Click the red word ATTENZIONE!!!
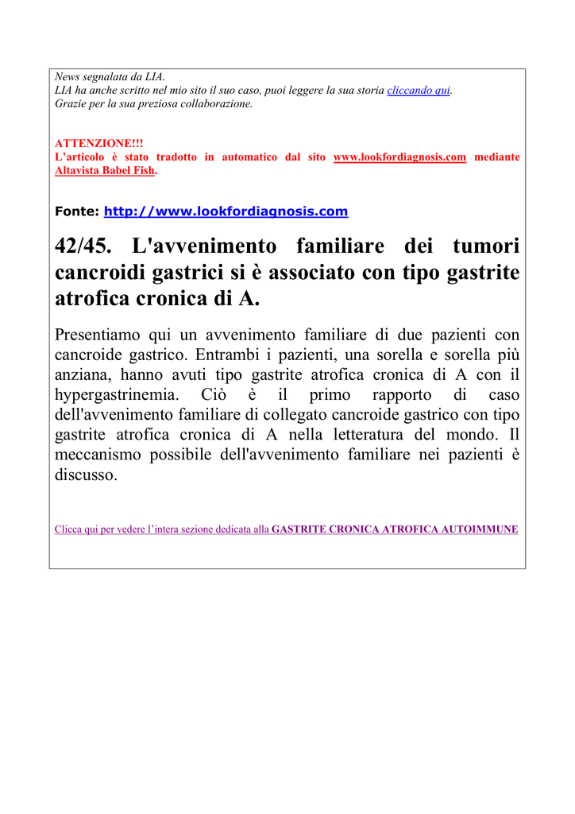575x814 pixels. coord(87,143)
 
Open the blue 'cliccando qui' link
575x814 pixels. coord(419,91)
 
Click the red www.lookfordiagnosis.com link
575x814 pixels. coord(399,157)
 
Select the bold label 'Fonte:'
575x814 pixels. coord(76,211)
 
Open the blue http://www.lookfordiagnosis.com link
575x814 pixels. coord(226,211)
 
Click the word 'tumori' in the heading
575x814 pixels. coord(483,246)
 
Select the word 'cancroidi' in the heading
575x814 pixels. coord(100,273)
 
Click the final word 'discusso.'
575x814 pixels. coord(87,475)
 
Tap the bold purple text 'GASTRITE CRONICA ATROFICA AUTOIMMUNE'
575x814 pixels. coord(395,529)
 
